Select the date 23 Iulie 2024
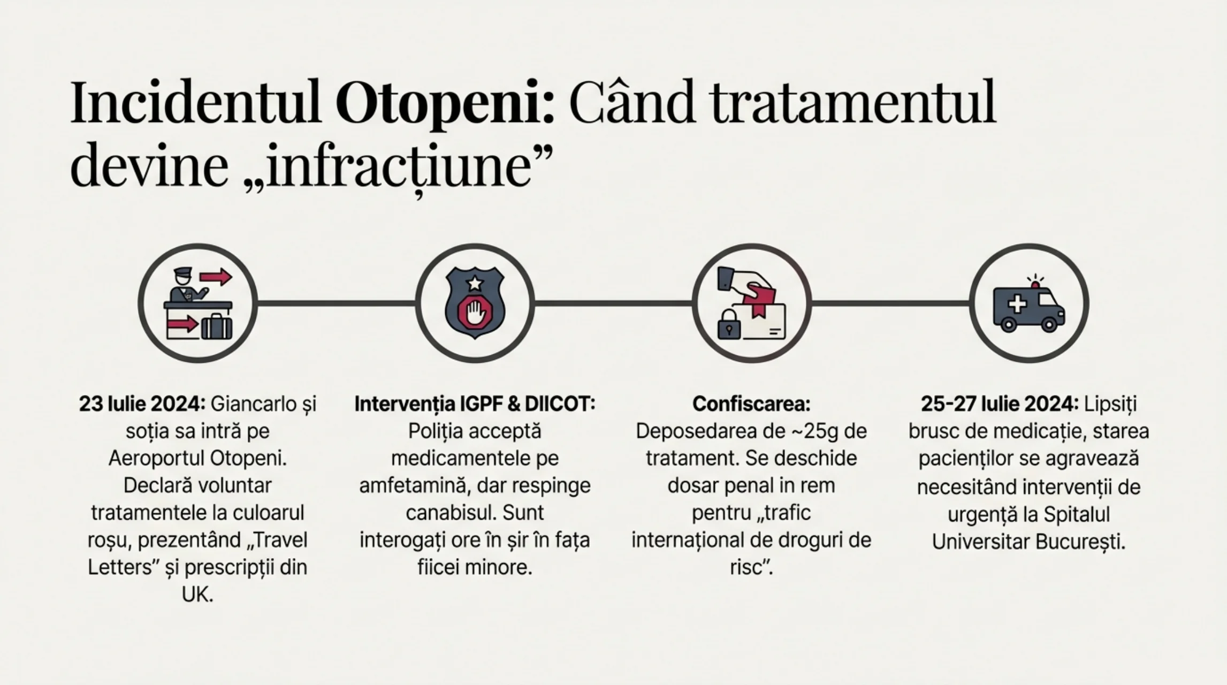tap(142, 404)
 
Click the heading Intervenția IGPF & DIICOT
tap(475, 404)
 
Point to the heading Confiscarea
tap(751, 404)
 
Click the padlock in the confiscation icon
tap(729, 324)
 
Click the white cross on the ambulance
tap(1017, 304)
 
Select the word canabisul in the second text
tap(446, 513)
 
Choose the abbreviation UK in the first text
tap(197, 595)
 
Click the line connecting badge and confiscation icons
tap(613, 303)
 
